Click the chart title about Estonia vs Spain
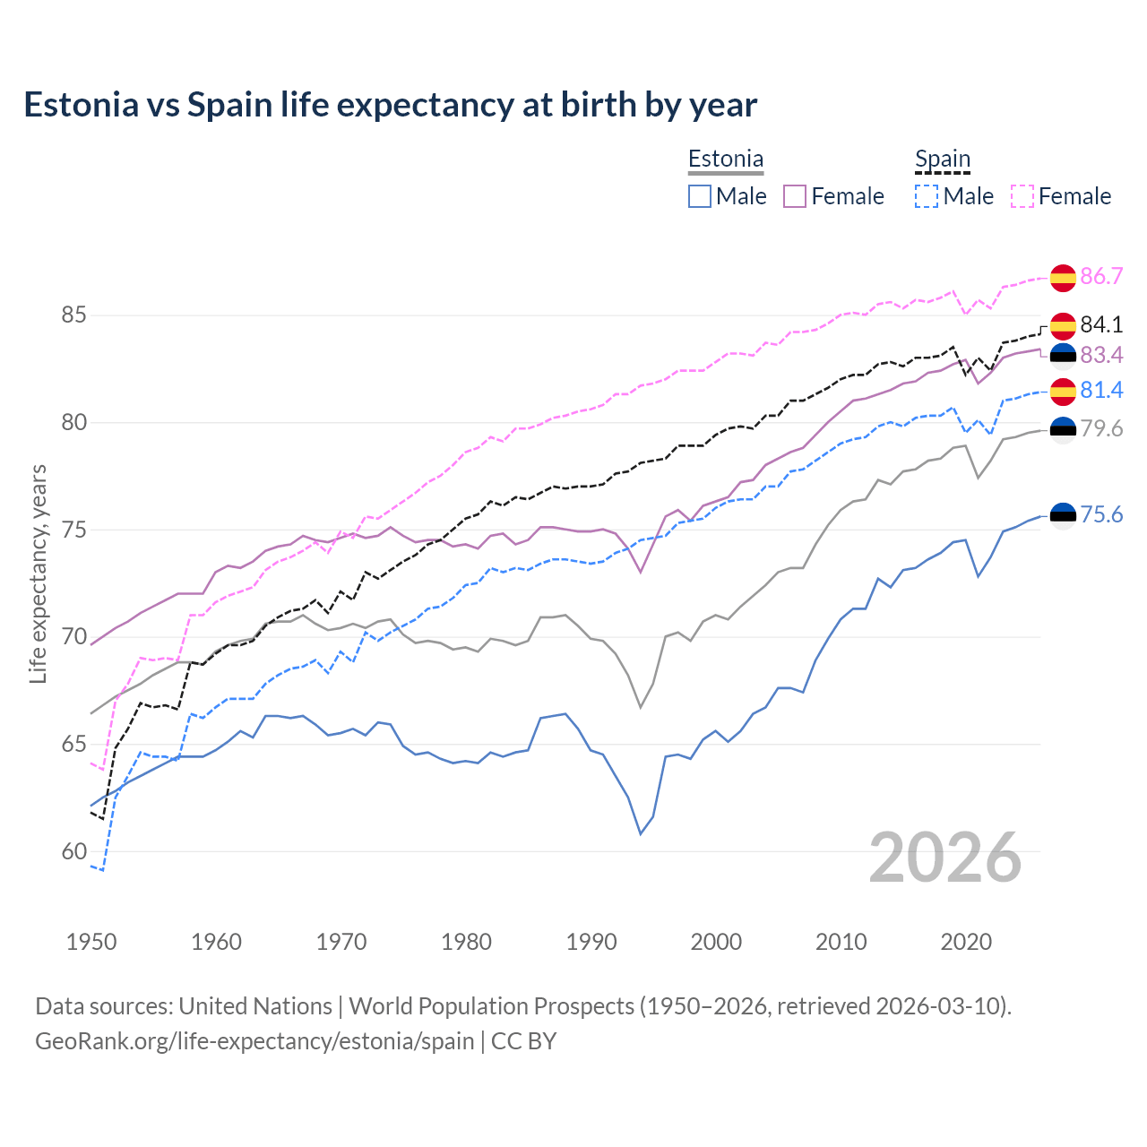click(390, 105)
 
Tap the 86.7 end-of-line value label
click(1101, 276)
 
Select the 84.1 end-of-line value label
click(1101, 324)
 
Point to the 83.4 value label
click(1101, 356)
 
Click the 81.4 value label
click(1101, 390)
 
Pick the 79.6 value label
click(1101, 428)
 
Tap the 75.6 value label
click(1101, 514)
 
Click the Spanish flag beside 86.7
click(1063, 278)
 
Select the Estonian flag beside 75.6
click(1063, 515)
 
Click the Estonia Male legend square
click(700, 196)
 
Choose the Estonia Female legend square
click(795, 196)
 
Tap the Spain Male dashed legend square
click(927, 196)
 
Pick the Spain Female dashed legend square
click(1022, 196)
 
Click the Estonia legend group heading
click(726, 160)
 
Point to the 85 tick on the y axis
click(74, 315)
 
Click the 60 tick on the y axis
click(74, 851)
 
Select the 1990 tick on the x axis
click(591, 942)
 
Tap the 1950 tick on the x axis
click(92, 942)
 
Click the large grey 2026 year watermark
click(945, 858)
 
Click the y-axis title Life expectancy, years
click(39, 573)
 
